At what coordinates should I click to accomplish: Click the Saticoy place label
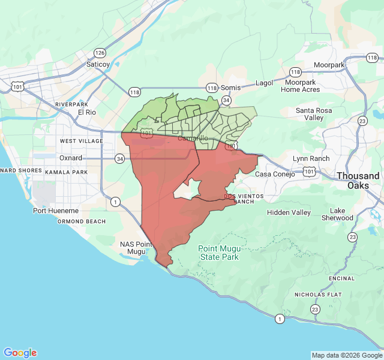pyautogui.click(x=98, y=64)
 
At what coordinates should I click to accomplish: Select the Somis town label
pyautogui.click(x=230, y=87)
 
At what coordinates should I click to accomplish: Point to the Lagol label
pyautogui.click(x=264, y=83)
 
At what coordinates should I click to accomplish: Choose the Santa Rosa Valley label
pyautogui.click(x=318, y=114)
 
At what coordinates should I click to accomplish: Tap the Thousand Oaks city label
pyautogui.click(x=358, y=181)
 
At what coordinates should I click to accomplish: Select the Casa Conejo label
pyautogui.click(x=275, y=174)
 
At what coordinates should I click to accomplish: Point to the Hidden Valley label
pyautogui.click(x=289, y=212)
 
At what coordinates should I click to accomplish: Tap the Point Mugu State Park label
pyautogui.click(x=218, y=253)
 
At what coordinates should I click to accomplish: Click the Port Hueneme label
pyautogui.click(x=56, y=211)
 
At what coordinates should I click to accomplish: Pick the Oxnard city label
pyautogui.click(x=70, y=158)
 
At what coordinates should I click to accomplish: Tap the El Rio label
pyautogui.click(x=87, y=112)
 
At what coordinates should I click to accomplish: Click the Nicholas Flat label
pyautogui.click(x=317, y=295)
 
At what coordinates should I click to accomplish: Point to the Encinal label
pyautogui.click(x=342, y=278)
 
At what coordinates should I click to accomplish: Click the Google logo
pyautogui.click(x=20, y=353)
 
